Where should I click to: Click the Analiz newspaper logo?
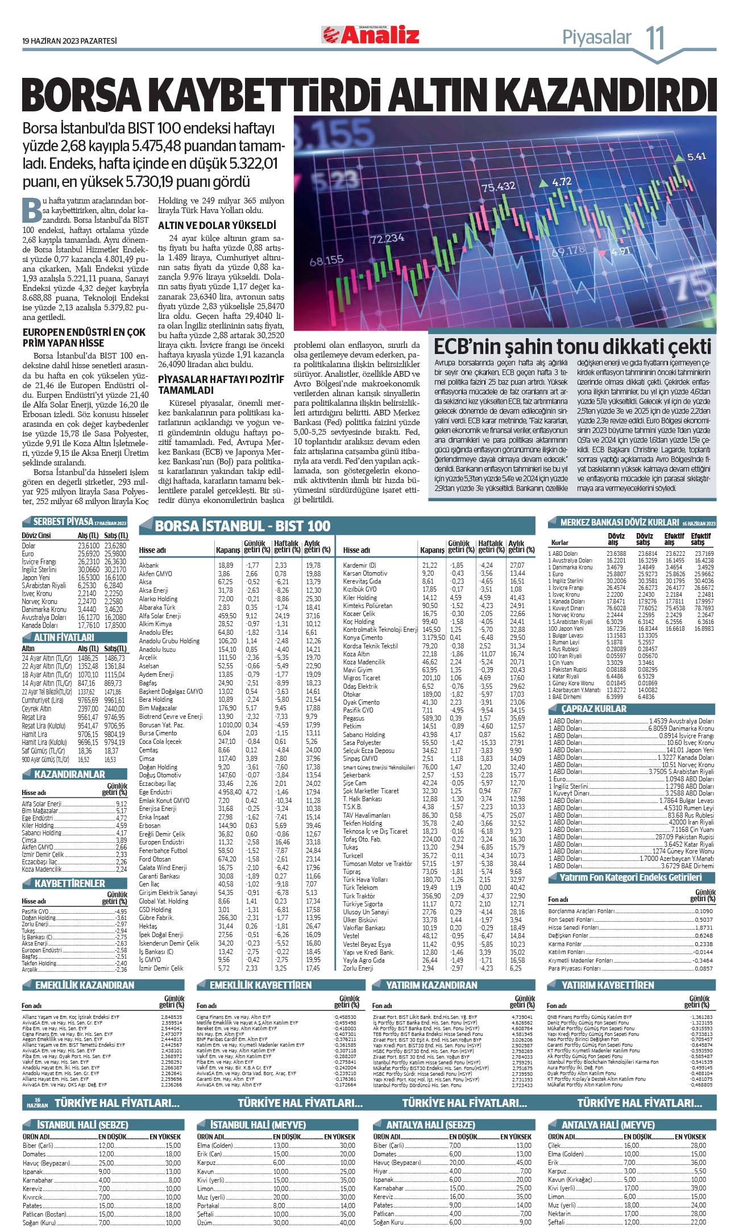tap(371, 35)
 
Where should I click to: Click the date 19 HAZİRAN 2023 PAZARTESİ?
tap(69, 41)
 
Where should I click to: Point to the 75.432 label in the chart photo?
tap(498, 187)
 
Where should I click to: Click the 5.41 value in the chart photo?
tap(696, 157)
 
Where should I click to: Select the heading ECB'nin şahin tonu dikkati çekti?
tap(572, 347)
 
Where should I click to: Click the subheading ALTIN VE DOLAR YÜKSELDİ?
tap(217, 225)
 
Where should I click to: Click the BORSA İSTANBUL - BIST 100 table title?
tap(242, 526)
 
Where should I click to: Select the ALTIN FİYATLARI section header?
tap(64, 638)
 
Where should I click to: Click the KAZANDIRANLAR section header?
tap(69, 774)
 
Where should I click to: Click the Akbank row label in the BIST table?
tap(149, 565)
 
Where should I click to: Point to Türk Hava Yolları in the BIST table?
tap(365, 879)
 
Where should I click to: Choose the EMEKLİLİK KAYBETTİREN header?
tap(260, 985)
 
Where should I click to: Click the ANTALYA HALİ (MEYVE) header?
tap(608, 1125)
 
